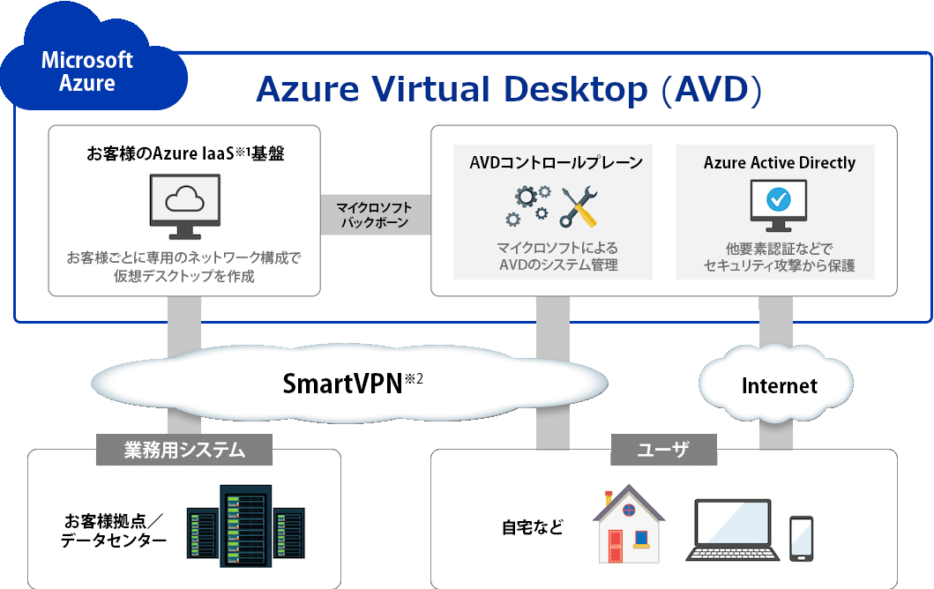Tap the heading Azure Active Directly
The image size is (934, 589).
(x=779, y=162)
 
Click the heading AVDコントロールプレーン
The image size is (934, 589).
(x=556, y=162)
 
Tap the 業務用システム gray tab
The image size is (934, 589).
(x=183, y=450)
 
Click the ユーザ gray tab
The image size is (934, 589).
(x=663, y=450)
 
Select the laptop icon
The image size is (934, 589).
(x=732, y=531)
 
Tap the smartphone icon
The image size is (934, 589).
(x=800, y=537)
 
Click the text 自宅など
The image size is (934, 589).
(x=532, y=527)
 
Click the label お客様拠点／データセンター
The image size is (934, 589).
(x=114, y=529)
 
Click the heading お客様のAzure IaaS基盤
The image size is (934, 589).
(x=185, y=153)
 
